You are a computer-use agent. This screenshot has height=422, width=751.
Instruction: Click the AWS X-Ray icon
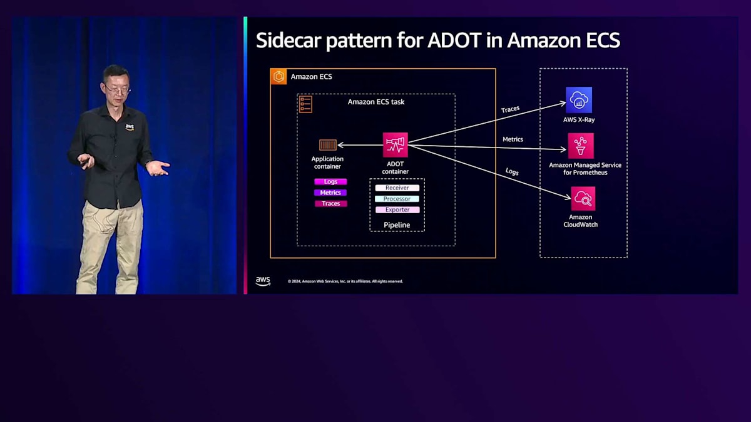579,100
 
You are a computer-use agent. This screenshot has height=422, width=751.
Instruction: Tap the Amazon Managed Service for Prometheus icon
581,145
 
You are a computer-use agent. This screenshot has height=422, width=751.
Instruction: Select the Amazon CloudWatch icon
583,199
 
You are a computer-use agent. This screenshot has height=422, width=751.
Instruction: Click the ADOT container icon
395,144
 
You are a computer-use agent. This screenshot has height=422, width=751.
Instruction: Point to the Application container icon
328,145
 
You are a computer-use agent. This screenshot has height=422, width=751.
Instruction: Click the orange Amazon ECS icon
278,76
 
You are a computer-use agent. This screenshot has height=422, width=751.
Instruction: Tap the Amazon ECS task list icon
305,104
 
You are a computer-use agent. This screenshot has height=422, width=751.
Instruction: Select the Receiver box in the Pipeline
397,188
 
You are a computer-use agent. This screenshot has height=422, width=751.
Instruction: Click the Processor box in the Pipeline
397,199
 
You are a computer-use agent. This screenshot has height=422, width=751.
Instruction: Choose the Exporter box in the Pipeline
397,210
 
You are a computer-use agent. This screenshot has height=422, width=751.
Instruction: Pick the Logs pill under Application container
330,182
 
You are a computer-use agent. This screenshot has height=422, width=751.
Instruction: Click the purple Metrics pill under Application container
330,193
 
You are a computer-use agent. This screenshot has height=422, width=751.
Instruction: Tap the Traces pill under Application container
330,204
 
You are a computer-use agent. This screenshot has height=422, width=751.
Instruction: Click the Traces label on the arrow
510,109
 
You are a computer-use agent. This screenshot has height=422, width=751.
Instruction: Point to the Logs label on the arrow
512,171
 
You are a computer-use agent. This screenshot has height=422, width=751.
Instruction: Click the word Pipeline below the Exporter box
397,224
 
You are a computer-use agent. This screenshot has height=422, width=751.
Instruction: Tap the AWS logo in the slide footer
263,281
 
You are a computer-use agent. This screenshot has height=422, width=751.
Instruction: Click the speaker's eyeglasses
117,90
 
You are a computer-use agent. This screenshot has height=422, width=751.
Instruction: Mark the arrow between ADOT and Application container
360,145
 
